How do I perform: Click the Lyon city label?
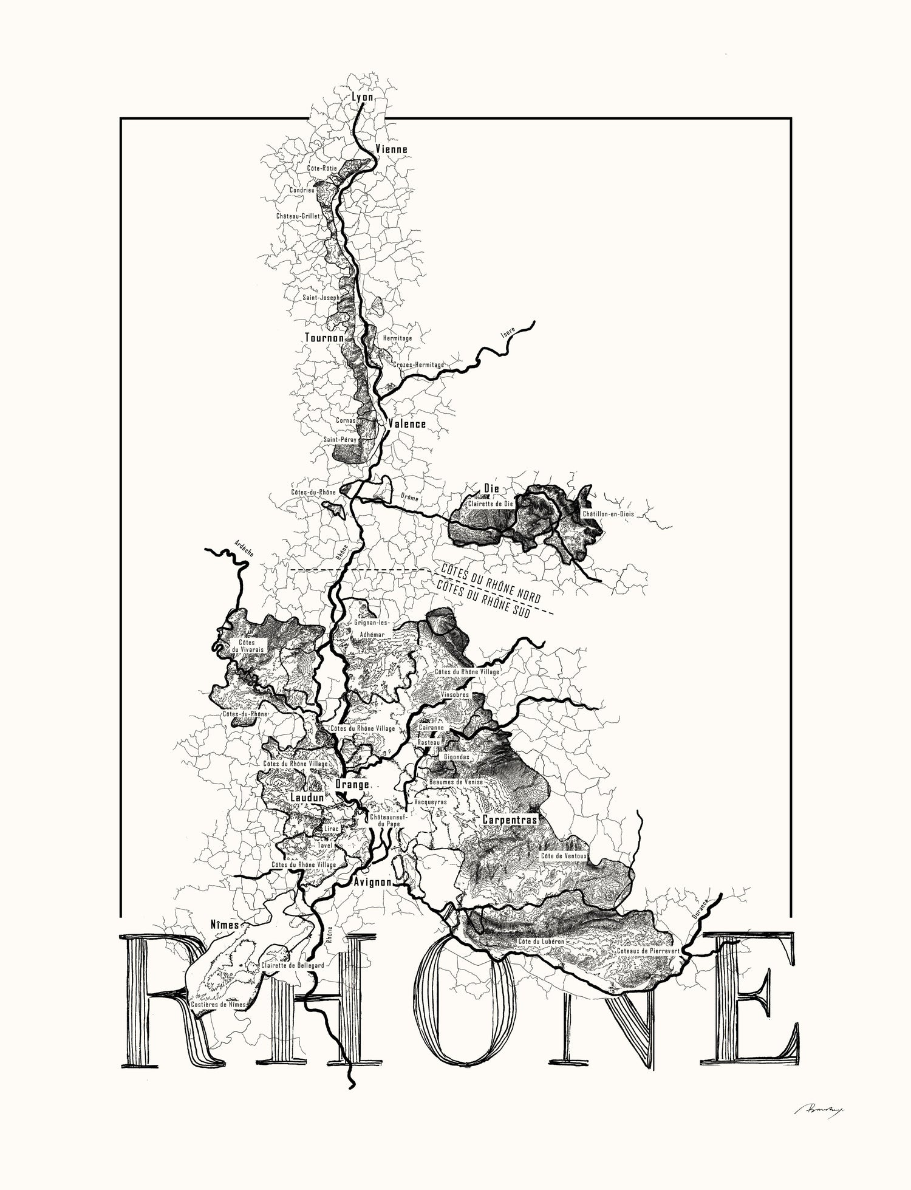363,97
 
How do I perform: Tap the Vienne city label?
392,149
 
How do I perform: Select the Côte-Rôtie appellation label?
322,168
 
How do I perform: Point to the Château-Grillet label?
298,216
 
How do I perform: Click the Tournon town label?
324,338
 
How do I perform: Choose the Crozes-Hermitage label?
418,364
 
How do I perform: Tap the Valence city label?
407,424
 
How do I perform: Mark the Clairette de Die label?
490,504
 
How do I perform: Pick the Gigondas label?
457,757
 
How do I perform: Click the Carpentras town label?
510,820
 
